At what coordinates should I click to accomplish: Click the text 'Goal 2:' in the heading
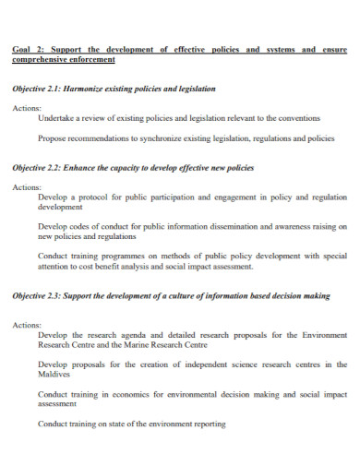(x=27, y=50)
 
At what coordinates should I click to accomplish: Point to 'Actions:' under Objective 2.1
(x=27, y=109)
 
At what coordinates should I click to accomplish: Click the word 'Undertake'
(x=56, y=119)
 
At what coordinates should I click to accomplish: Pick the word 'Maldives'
(x=55, y=375)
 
